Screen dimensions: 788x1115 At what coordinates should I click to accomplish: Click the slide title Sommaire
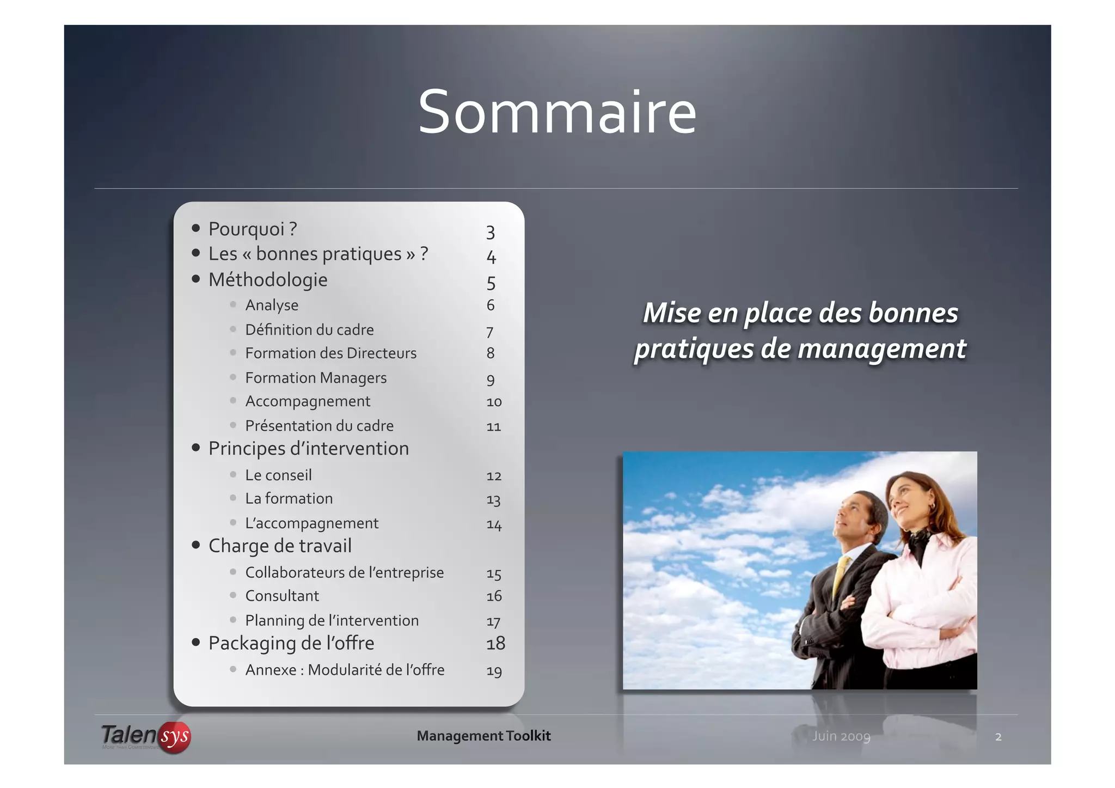point(557,113)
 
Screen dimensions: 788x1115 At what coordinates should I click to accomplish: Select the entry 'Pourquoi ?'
point(252,229)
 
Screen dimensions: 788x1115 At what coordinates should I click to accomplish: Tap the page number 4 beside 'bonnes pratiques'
point(491,256)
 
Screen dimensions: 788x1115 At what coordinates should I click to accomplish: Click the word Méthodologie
point(268,280)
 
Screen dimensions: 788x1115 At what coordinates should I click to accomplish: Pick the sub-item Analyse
point(272,305)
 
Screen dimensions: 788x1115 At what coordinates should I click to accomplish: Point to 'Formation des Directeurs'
point(330,353)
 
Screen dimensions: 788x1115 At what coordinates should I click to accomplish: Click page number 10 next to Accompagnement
point(494,402)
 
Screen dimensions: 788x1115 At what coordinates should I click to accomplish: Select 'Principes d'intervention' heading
point(308,449)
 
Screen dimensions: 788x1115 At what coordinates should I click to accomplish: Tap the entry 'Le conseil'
point(278,475)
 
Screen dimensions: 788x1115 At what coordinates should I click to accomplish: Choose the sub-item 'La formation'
point(289,499)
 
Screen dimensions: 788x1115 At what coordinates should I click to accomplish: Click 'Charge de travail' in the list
point(280,546)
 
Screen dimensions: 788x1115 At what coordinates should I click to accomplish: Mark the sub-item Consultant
point(282,596)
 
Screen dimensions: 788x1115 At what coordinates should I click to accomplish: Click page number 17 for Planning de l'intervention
point(493,621)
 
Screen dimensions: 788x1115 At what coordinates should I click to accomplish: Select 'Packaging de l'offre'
point(291,644)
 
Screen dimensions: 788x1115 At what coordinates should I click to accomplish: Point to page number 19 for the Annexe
point(494,671)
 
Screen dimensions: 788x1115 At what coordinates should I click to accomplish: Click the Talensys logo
point(146,736)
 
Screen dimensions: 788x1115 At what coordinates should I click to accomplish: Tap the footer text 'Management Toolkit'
point(483,736)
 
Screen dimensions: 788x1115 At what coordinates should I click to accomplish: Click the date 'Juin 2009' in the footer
point(841,736)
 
